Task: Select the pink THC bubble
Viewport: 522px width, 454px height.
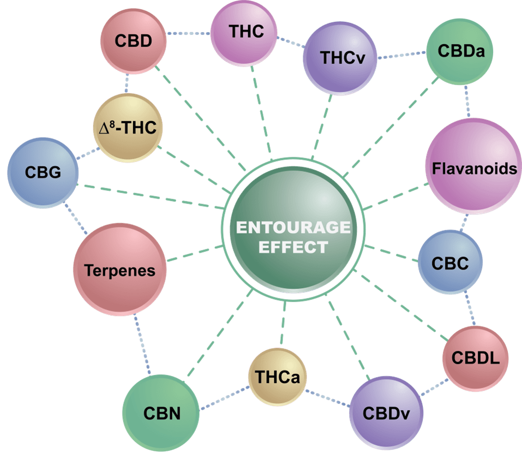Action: [244, 33]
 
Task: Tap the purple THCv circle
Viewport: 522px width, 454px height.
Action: [340, 58]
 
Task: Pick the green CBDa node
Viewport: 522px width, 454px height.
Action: [460, 52]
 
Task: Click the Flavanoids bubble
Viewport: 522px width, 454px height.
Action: [474, 166]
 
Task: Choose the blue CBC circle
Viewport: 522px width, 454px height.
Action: [450, 262]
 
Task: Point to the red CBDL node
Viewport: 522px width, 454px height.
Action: [476, 359]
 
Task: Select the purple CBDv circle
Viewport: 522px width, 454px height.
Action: [386, 413]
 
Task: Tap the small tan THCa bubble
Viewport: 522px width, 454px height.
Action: [277, 377]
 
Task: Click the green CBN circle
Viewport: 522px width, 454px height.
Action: [161, 413]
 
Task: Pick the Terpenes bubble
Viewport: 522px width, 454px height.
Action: [120, 270]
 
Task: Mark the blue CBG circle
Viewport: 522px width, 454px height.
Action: [43, 173]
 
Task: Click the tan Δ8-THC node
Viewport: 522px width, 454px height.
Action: [128, 128]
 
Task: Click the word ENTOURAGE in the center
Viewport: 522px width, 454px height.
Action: [293, 228]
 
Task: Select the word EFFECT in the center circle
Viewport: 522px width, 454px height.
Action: [293, 247]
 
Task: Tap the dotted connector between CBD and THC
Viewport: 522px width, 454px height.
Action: [188, 33]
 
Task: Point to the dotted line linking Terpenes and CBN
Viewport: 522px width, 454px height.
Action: [142, 344]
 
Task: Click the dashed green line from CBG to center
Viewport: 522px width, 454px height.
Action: [151, 196]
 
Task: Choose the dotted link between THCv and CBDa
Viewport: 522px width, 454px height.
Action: [401, 55]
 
